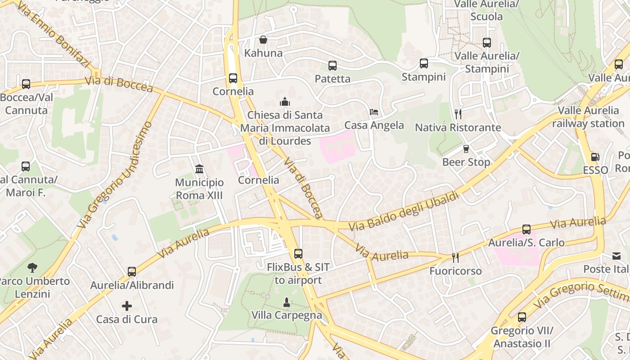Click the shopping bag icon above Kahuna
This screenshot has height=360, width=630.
click(263, 40)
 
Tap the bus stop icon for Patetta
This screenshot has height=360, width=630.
click(333, 66)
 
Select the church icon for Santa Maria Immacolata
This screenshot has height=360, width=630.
click(285, 102)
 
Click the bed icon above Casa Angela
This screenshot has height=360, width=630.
click(374, 112)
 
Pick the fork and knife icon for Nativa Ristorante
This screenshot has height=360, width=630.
click(458, 114)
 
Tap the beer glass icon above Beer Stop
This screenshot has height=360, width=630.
click(466, 148)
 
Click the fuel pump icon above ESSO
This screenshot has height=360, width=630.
click(595, 157)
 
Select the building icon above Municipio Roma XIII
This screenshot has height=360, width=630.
click(199, 169)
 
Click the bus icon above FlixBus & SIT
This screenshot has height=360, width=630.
click(298, 254)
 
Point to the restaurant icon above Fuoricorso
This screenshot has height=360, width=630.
click(455, 258)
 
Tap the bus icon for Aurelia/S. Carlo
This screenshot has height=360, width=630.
click(526, 229)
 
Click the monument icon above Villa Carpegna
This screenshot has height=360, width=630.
click(286, 301)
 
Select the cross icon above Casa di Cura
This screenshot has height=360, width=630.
click(127, 306)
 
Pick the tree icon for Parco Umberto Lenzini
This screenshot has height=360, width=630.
click(32, 268)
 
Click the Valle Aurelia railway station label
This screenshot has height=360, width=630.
click(589, 117)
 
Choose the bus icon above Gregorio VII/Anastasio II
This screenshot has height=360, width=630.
click(522, 317)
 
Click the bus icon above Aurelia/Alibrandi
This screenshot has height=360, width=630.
click(132, 272)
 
